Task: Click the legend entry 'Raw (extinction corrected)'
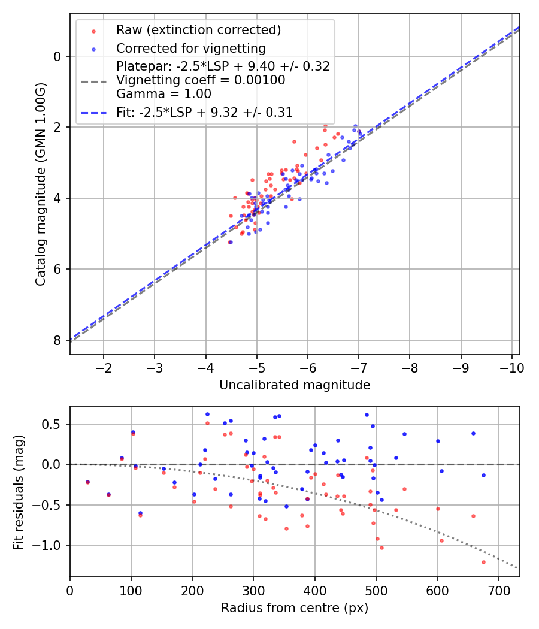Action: click(x=198, y=30)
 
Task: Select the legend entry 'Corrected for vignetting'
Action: click(x=190, y=48)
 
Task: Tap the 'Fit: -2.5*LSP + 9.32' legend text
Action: click(x=204, y=112)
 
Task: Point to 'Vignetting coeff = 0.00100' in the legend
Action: click(x=201, y=80)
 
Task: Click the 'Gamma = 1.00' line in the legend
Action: click(x=163, y=94)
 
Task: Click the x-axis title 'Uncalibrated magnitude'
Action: click(x=295, y=385)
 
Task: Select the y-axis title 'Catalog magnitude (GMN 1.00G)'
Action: click(x=40, y=184)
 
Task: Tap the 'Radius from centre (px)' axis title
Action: click(x=295, y=608)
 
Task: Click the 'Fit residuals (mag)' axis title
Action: click(x=19, y=492)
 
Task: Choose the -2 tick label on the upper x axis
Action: click(x=104, y=366)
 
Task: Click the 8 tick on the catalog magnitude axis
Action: click(x=57, y=340)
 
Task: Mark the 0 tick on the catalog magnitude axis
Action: click(x=57, y=56)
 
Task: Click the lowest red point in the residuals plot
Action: click(x=483, y=562)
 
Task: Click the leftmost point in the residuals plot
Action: click(x=87, y=482)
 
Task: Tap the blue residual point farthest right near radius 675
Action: click(x=483, y=475)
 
